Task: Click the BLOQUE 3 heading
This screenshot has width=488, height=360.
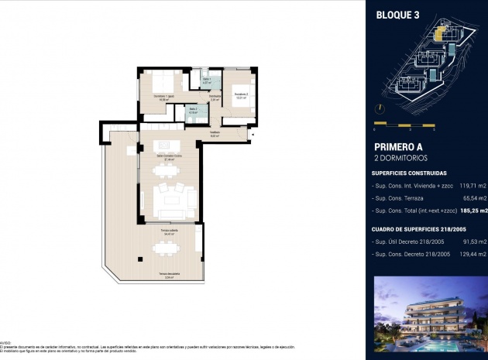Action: pos(397,14)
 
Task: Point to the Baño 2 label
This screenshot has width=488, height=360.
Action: pos(193,111)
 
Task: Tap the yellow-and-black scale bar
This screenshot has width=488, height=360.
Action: pos(404,124)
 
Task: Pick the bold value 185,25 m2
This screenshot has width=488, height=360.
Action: pos(472,210)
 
